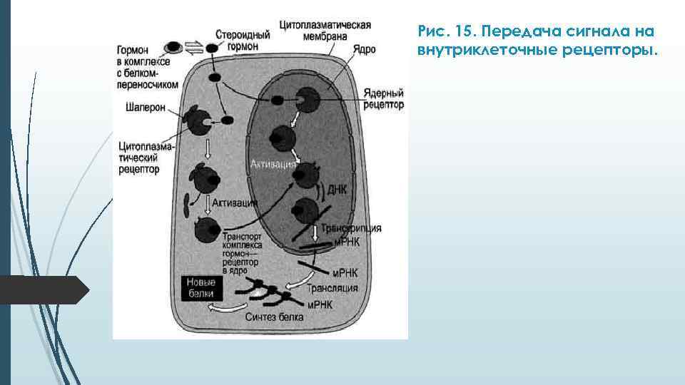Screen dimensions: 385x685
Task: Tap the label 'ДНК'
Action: pyautogui.click(x=336, y=190)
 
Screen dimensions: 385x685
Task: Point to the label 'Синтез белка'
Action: pyautogui.click(x=275, y=315)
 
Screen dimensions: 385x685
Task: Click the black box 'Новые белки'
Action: pyautogui.click(x=202, y=287)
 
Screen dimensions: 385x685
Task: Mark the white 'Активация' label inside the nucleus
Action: pyautogui.click(x=273, y=164)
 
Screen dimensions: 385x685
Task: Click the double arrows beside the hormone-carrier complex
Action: pyautogui.click(x=194, y=48)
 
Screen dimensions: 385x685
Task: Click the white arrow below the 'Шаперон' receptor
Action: pyautogui.click(x=207, y=149)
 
